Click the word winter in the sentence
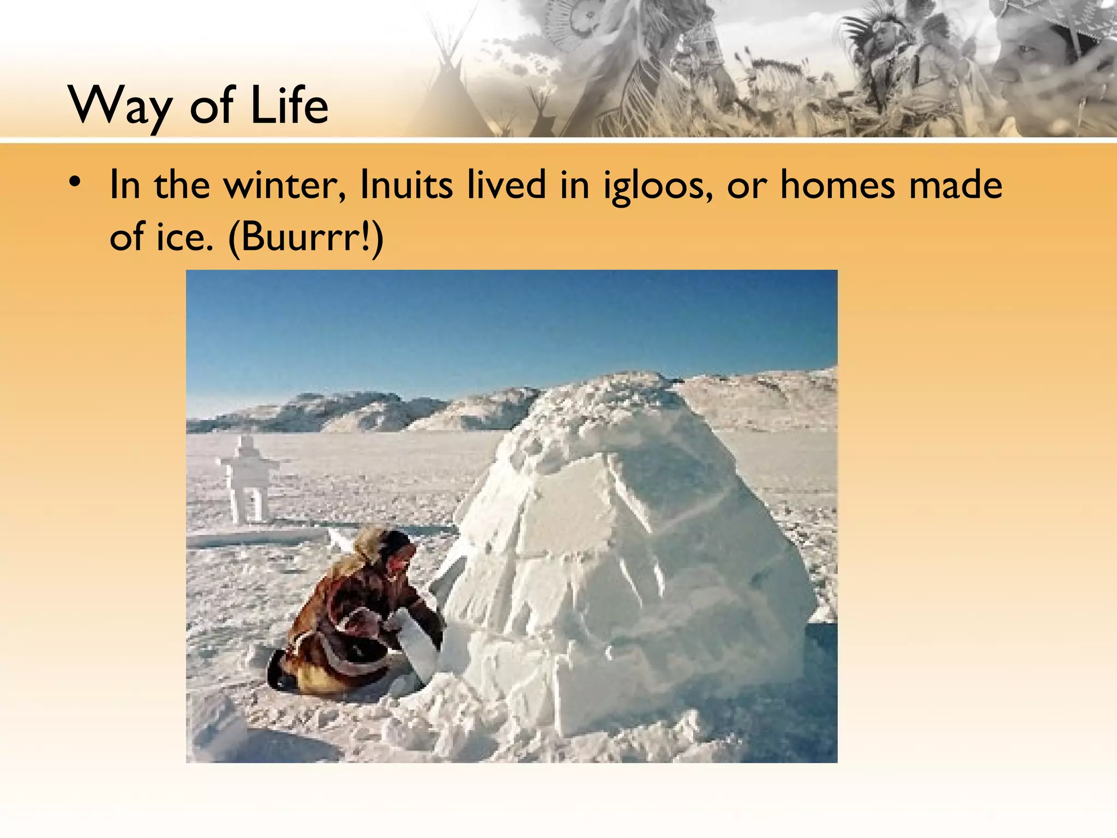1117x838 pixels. pos(285,185)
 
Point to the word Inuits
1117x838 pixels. pos(406,185)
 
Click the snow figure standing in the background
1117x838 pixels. pos(249,477)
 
